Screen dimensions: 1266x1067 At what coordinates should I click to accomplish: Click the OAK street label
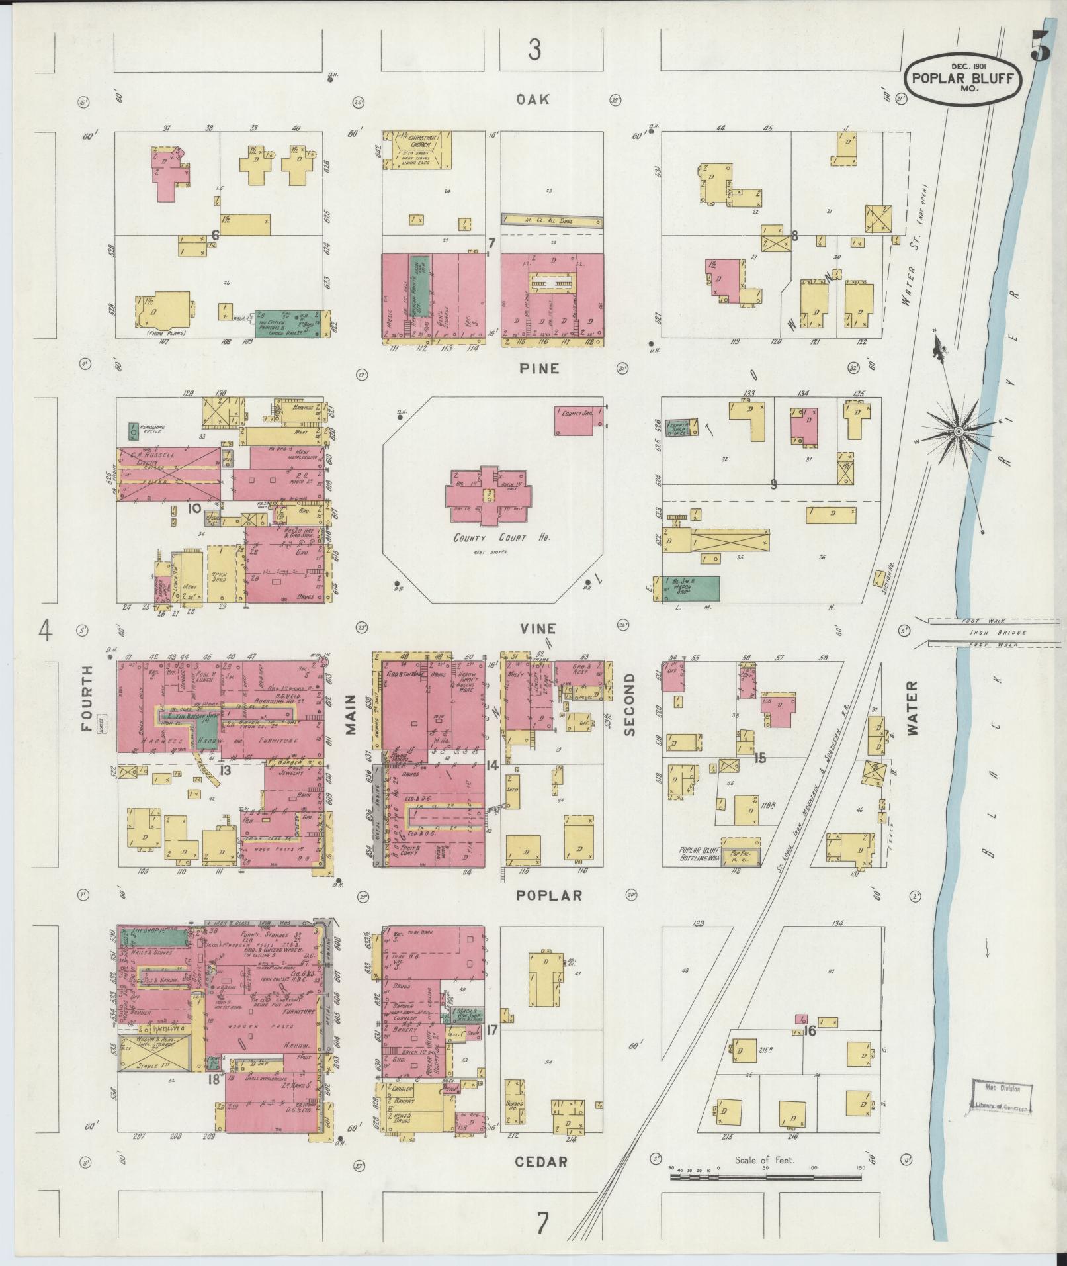point(534,99)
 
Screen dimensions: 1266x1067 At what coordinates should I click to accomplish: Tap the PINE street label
point(540,369)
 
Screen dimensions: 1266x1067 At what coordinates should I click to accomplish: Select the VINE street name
point(536,629)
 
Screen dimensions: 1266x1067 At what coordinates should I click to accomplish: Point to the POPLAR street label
point(549,895)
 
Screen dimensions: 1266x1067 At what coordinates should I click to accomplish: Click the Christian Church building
point(417,148)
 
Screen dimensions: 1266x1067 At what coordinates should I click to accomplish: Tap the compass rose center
point(957,432)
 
